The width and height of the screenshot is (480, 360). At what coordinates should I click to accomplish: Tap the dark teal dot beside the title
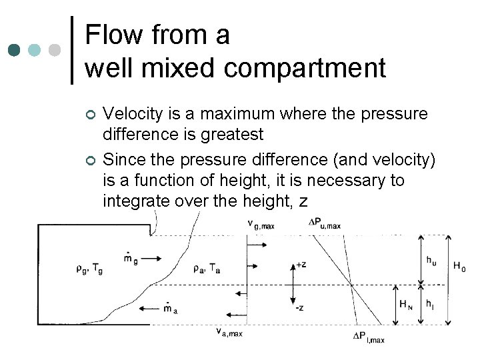(x=14, y=51)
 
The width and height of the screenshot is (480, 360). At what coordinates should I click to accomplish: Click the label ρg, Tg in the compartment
(x=89, y=269)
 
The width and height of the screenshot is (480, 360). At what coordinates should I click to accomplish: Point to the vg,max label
(x=261, y=226)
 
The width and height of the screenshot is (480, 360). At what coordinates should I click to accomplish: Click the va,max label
(x=229, y=331)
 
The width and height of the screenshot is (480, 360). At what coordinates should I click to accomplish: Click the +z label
(x=301, y=265)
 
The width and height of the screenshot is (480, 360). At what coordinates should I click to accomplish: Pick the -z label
(x=301, y=307)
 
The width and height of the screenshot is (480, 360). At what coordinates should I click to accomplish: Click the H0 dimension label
(x=459, y=267)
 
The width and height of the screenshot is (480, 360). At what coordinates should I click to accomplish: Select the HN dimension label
(x=405, y=305)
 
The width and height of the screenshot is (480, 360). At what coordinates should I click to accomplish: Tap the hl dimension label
(x=431, y=305)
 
